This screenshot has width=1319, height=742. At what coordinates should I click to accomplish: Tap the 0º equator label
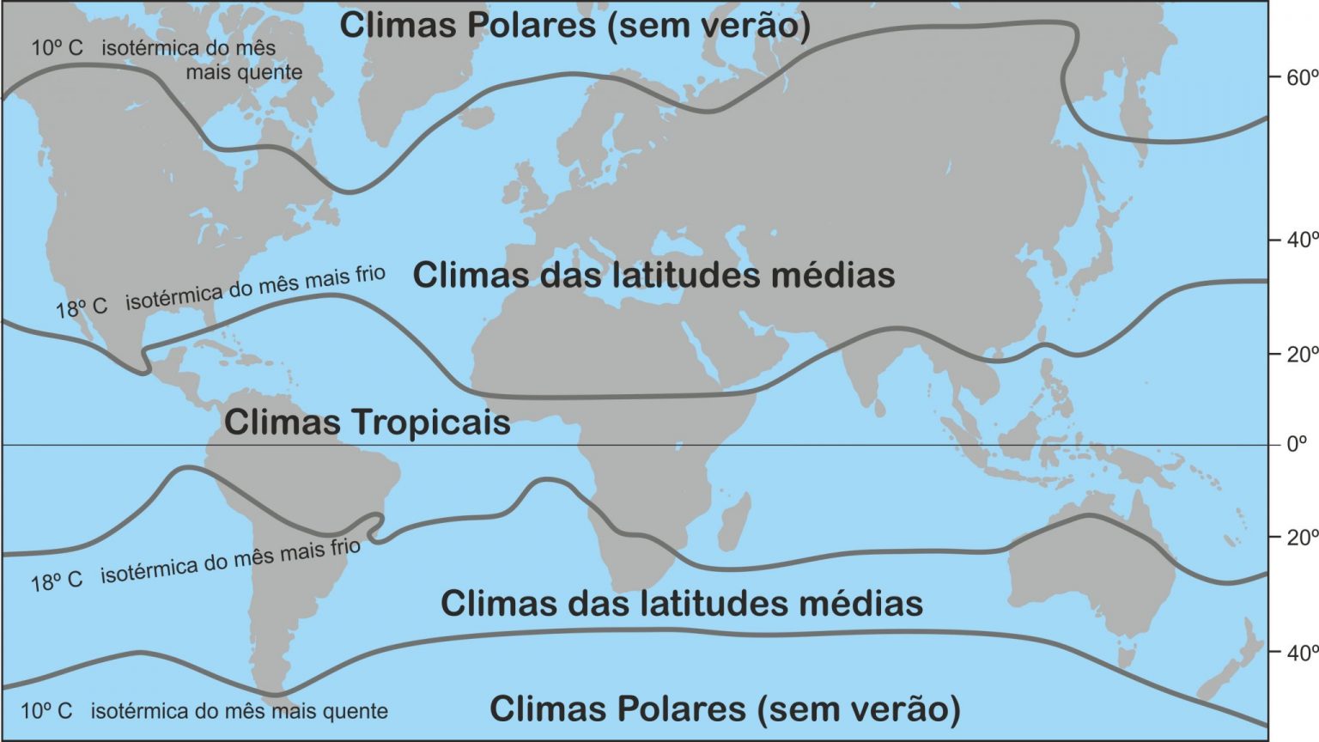coord(1296,444)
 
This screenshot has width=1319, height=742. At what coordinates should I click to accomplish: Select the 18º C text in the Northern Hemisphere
coord(82,307)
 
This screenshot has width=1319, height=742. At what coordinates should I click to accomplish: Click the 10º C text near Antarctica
coord(46,711)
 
